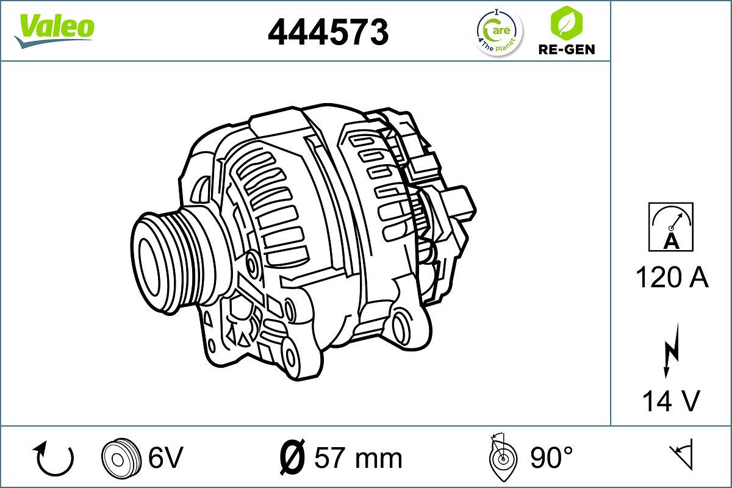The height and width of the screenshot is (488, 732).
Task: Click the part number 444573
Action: coord(328,32)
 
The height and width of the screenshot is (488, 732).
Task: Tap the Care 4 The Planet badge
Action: coord(499,32)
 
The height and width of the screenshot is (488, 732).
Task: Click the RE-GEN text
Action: coord(565,49)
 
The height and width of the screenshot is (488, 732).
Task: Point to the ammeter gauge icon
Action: coord(671,227)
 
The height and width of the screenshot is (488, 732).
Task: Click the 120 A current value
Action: coord(672,278)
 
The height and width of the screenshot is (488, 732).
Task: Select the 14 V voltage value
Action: coord(670,401)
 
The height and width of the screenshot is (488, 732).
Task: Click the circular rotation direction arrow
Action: coord(56,458)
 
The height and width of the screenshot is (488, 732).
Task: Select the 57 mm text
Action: coord(358,457)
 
